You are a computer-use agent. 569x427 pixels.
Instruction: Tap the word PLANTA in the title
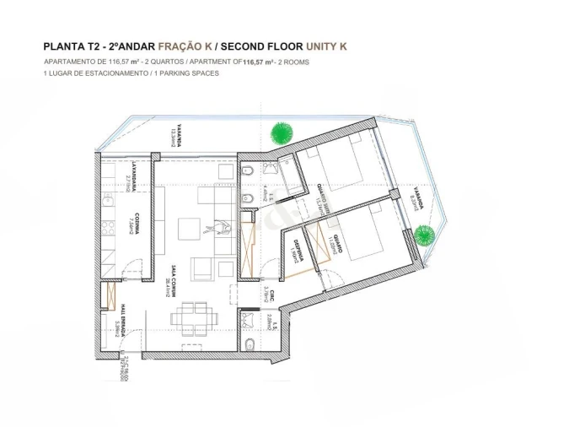click(63, 47)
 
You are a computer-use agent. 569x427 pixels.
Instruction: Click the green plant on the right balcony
click(426, 233)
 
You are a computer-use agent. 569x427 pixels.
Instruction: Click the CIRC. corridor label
click(267, 293)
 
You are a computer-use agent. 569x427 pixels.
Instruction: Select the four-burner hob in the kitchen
click(109, 228)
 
